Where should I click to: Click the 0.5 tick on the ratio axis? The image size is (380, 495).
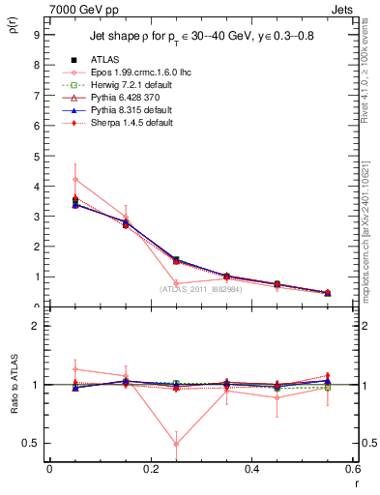click(32, 443)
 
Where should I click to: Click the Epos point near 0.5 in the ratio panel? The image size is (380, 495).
click(175, 444)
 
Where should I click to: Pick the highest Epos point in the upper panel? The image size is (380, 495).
click(74, 179)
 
